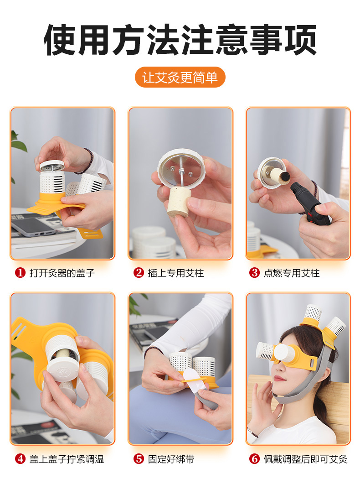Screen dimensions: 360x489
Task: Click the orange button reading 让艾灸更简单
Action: click(180, 77)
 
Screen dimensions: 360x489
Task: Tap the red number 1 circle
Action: click(20, 273)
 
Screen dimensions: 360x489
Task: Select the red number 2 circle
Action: click(139, 273)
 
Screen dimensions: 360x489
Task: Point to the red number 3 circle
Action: click(254, 273)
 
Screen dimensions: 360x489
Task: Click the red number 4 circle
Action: click(20, 459)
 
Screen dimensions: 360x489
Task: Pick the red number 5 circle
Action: click(139, 459)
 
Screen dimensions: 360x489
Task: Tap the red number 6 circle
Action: click(254, 459)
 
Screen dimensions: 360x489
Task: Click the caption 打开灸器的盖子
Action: click(62, 273)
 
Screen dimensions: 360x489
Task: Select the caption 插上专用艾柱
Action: click(176, 273)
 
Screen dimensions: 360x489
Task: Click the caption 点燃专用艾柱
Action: click(292, 273)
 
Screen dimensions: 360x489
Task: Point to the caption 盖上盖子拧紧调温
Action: click(67, 459)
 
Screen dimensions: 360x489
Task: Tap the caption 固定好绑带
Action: click(171, 459)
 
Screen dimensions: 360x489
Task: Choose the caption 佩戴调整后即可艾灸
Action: click(305, 459)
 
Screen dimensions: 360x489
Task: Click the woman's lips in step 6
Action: click(280, 379)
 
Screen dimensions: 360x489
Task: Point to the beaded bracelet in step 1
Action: click(85, 161)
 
